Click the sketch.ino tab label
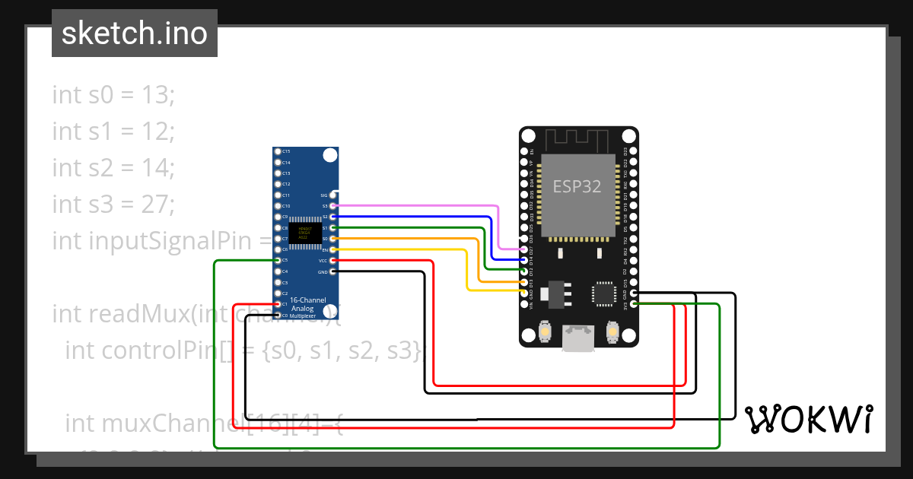point(135,33)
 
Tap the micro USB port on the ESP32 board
point(579,338)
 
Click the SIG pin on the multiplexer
point(333,195)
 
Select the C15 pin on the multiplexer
point(278,152)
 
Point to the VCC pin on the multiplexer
point(333,261)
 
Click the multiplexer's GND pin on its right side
point(333,271)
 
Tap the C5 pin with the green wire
point(278,261)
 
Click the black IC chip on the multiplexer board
point(304,233)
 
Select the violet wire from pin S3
point(418,205)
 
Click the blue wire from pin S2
point(418,217)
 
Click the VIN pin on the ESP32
point(523,304)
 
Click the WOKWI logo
point(808,419)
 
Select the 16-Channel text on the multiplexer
point(307,300)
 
